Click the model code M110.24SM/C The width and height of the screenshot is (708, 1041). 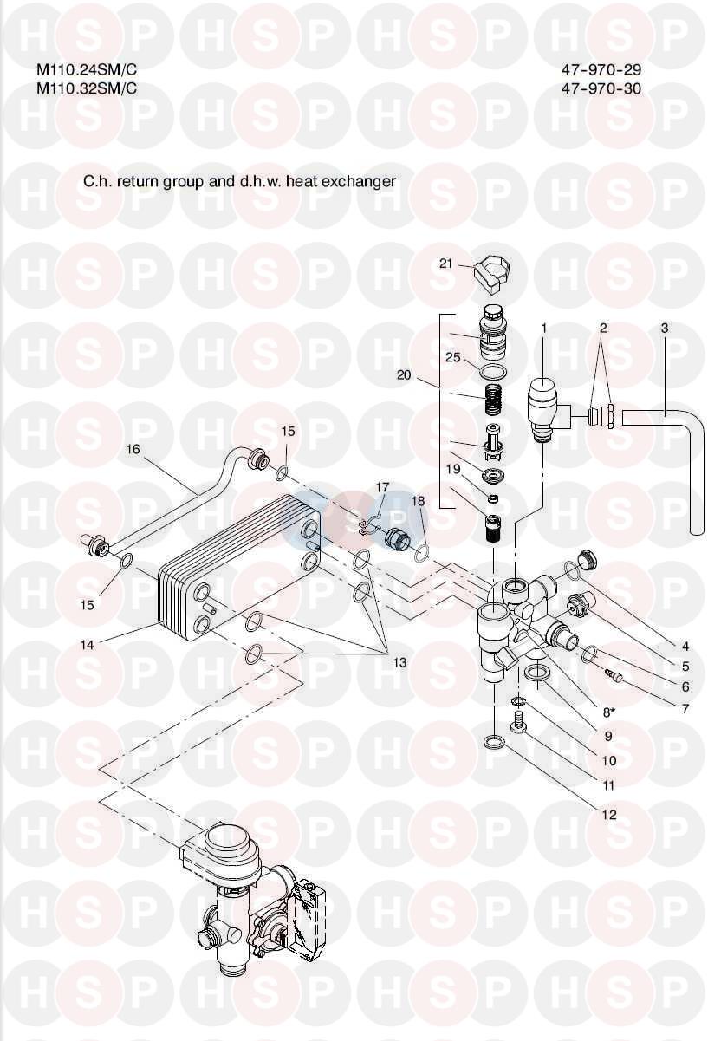pyautogui.click(x=87, y=70)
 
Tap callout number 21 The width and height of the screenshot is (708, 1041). pyautogui.click(x=446, y=264)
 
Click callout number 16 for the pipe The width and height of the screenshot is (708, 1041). pyautogui.click(x=133, y=450)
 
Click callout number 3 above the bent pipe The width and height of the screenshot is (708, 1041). pyautogui.click(x=664, y=329)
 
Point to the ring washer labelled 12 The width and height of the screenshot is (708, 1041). pyautogui.click(x=493, y=742)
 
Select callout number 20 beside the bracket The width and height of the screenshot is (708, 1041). pyautogui.click(x=403, y=375)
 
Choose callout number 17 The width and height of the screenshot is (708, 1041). pyautogui.click(x=382, y=489)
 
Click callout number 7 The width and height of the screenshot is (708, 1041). pyautogui.click(x=685, y=708)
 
